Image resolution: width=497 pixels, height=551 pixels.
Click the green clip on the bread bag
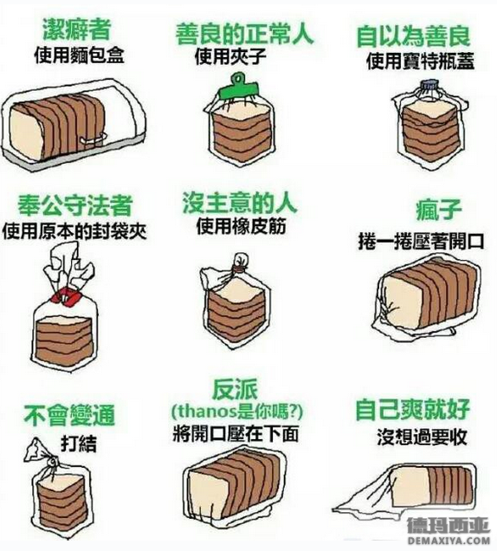pyautogui.click(x=238, y=88)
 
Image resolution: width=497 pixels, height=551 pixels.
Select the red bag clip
pyautogui.click(x=66, y=295)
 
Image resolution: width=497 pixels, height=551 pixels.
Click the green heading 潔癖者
pyautogui.click(x=76, y=29)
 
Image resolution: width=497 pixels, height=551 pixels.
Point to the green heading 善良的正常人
pyautogui.click(x=244, y=34)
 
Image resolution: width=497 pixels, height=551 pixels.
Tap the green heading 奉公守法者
pyautogui.click(x=75, y=205)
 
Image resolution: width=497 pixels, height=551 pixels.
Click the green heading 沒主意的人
pyautogui.click(x=240, y=203)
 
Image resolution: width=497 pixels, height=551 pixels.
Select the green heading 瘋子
pyautogui.click(x=439, y=210)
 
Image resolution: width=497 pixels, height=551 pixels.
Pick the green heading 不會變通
pyautogui.click(x=69, y=415)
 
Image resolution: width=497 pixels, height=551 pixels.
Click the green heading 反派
pyautogui.click(x=235, y=389)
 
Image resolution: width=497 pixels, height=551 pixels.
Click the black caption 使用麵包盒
pyautogui.click(x=80, y=55)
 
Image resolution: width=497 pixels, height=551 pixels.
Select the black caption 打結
pyautogui.click(x=79, y=444)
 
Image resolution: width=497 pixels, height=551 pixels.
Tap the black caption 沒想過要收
pyautogui.click(x=422, y=438)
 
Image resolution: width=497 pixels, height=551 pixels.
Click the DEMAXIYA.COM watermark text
pyautogui.click(x=449, y=541)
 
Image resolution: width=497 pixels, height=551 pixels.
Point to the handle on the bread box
pyautogui.click(x=94, y=138)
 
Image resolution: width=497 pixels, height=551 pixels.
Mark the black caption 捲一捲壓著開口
pyautogui.click(x=421, y=242)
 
